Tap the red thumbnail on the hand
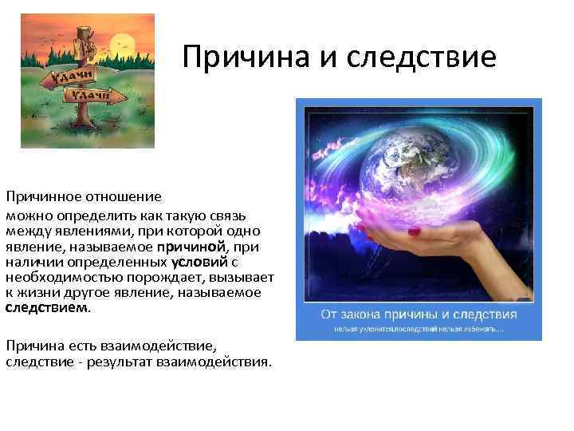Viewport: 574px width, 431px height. click(414, 231)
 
